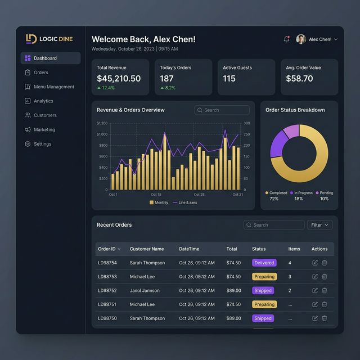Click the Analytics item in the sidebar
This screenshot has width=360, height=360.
43,101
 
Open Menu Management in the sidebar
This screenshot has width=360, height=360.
53,87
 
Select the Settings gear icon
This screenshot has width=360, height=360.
28,144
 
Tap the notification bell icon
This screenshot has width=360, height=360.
287,39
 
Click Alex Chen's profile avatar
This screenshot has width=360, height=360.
301,39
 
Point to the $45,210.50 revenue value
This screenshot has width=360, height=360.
119,79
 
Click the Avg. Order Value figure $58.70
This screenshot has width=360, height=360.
299,79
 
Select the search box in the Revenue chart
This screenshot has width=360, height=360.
222,110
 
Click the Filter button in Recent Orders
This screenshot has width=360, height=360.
319,225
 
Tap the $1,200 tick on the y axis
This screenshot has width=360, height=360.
102,123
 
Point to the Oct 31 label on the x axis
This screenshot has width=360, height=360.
237,195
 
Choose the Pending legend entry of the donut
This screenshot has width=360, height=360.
325,193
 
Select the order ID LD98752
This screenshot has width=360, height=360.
107,291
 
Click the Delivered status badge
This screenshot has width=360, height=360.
264,263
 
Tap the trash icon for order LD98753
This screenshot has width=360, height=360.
325,277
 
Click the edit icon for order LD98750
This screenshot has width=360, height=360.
315,318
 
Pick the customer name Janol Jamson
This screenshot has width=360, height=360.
145,291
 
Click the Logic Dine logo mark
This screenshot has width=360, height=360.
31,39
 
